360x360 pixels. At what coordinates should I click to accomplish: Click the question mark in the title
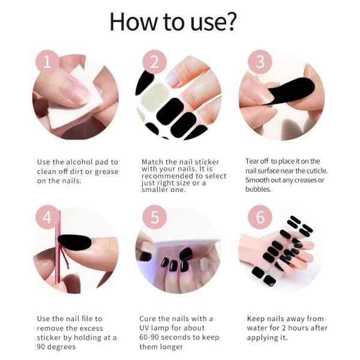(230, 22)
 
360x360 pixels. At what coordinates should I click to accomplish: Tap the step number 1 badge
(47, 62)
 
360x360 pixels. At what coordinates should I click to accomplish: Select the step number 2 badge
(154, 62)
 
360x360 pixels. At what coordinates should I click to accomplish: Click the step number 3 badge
(260, 62)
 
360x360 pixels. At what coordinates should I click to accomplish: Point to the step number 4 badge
(47, 217)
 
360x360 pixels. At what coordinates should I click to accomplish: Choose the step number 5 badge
(154, 217)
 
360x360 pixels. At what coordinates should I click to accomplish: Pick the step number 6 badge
(260, 217)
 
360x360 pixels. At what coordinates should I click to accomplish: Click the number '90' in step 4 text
(42, 347)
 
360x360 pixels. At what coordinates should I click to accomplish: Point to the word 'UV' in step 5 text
(146, 328)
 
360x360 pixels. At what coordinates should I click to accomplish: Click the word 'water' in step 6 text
(257, 328)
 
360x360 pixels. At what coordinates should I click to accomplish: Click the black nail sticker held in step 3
(292, 90)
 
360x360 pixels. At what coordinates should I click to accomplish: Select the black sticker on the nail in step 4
(75, 242)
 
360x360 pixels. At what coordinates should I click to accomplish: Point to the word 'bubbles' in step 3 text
(259, 189)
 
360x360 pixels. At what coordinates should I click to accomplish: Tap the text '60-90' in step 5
(150, 337)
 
